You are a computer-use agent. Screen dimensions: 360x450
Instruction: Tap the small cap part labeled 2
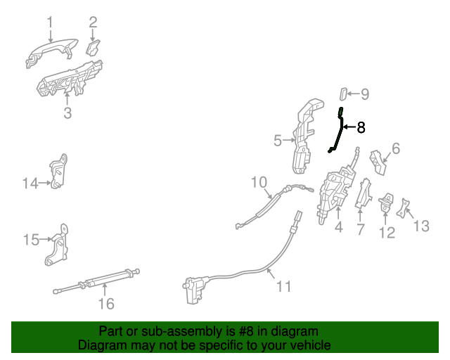[x=92, y=48]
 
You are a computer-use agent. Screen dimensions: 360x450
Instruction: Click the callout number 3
[x=67, y=112]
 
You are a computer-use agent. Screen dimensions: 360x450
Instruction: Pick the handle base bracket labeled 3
[x=70, y=79]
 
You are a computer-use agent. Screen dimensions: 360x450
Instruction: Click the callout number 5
[x=278, y=141]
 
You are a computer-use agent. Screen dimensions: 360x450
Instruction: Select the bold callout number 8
[x=361, y=127]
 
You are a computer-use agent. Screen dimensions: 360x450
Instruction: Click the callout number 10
[x=260, y=184]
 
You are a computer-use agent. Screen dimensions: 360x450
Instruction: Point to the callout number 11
[x=283, y=287]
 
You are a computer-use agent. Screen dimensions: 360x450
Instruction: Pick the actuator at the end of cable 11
[x=193, y=289]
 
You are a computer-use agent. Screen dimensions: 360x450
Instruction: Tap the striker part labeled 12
[x=387, y=205]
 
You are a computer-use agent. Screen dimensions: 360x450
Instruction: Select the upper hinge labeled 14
[x=60, y=172]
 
